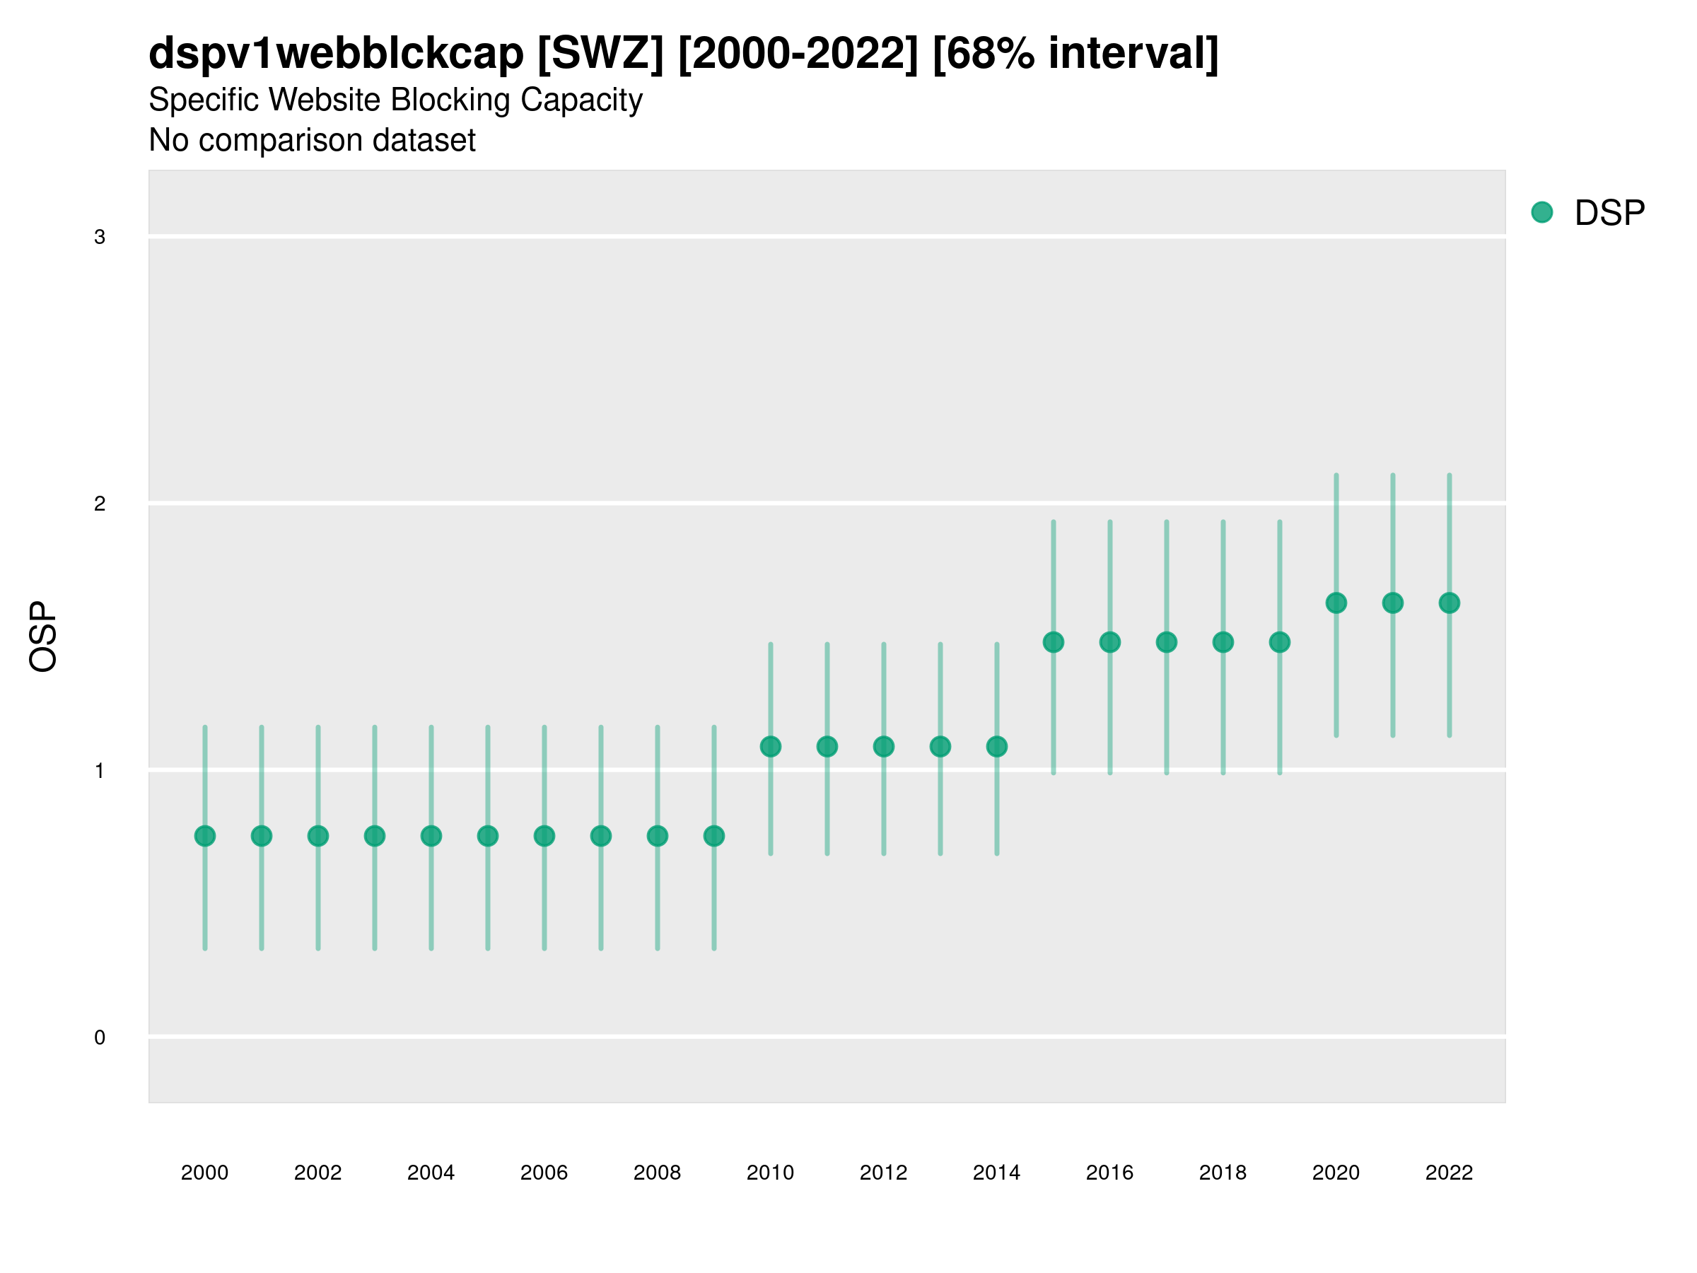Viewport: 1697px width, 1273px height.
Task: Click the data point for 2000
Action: pyautogui.click(x=205, y=836)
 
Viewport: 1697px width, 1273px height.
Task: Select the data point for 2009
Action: pyautogui.click(x=714, y=836)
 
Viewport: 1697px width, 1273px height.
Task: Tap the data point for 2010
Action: pyautogui.click(x=770, y=747)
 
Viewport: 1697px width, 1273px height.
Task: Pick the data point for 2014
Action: pyautogui.click(x=996, y=747)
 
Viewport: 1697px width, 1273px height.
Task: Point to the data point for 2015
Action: pyautogui.click(x=1054, y=642)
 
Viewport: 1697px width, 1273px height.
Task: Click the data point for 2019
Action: pyautogui.click(x=1280, y=642)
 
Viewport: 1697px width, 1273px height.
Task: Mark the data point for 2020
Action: pyautogui.click(x=1336, y=603)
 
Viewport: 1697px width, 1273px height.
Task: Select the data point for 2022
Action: pyautogui.click(x=1450, y=603)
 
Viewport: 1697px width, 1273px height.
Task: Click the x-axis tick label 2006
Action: pyautogui.click(x=544, y=1173)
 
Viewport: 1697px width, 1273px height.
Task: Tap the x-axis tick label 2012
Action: pyautogui.click(x=883, y=1173)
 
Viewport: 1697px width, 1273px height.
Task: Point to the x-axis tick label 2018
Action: pyautogui.click(x=1223, y=1173)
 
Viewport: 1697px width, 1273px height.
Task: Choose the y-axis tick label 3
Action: pyautogui.click(x=100, y=237)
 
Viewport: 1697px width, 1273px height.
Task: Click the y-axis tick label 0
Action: pyautogui.click(x=100, y=1037)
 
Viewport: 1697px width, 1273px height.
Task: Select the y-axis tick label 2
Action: pyautogui.click(x=100, y=504)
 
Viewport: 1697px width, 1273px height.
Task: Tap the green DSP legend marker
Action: pyautogui.click(x=1542, y=213)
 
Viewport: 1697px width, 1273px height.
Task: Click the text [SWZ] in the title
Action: pyautogui.click(x=600, y=54)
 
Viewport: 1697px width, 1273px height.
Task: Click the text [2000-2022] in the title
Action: pyautogui.click(x=798, y=54)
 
